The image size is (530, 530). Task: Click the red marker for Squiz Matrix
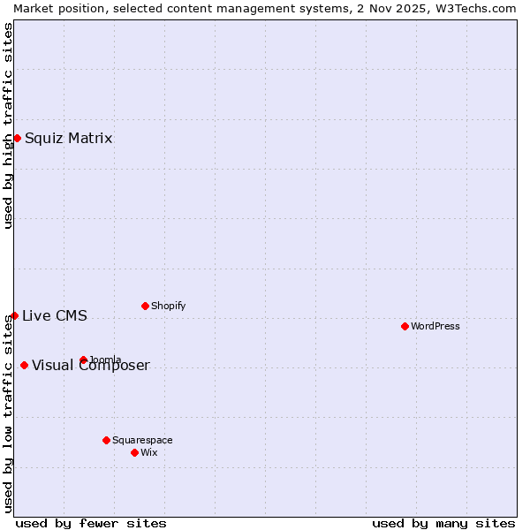tap(17, 138)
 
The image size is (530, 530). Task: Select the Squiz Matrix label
tap(69, 138)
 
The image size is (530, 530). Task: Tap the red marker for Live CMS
tap(14, 315)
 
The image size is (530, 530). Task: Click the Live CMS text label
tap(55, 316)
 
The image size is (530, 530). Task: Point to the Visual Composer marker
tap(24, 365)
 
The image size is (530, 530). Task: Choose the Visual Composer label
tap(91, 366)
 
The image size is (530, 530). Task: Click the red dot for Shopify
tap(145, 306)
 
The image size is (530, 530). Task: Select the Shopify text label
tap(169, 307)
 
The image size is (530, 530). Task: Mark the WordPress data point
tap(405, 326)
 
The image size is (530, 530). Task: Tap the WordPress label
tap(435, 326)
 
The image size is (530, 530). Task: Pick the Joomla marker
tap(83, 360)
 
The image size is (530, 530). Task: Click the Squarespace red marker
tap(106, 440)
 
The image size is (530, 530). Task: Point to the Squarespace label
tap(143, 440)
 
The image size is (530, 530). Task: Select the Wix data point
tap(134, 452)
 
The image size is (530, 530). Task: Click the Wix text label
tap(149, 452)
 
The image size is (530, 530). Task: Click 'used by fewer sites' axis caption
tap(91, 523)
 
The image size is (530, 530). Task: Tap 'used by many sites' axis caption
tap(443, 523)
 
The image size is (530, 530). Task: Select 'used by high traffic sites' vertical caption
tap(8, 125)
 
